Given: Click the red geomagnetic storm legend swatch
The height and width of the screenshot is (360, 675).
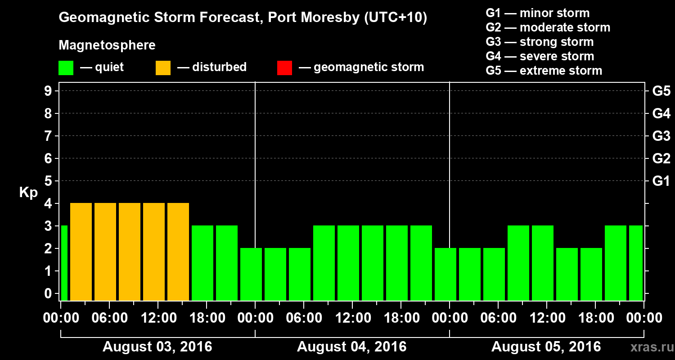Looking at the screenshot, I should click(x=284, y=68).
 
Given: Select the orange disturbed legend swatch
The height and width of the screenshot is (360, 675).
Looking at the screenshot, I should click(x=163, y=68).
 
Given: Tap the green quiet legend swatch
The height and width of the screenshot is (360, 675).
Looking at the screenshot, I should click(x=66, y=68).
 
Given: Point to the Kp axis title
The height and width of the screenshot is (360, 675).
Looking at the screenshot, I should click(x=28, y=192).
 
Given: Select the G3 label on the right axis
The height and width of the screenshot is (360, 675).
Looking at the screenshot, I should click(x=661, y=136).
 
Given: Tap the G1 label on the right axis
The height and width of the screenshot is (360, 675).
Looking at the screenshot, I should click(x=661, y=181).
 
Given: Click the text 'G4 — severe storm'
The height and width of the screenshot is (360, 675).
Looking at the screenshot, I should click(x=540, y=56).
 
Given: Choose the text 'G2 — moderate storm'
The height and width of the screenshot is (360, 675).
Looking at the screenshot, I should click(x=548, y=27).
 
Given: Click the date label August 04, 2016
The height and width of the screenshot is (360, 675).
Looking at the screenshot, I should click(x=351, y=347).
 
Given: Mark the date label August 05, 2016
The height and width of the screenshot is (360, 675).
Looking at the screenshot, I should click(x=546, y=347).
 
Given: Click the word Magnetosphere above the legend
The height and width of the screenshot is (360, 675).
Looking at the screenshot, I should click(x=107, y=45).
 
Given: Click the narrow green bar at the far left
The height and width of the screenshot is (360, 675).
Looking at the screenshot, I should click(x=64, y=263).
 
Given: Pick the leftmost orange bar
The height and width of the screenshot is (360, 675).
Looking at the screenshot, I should click(x=81, y=252).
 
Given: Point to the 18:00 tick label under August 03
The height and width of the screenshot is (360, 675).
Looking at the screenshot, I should click(x=207, y=318).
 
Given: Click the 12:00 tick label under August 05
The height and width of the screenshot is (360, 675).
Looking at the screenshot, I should click(x=546, y=318).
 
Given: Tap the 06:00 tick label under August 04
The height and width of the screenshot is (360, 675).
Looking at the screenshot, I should click(x=303, y=318).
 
